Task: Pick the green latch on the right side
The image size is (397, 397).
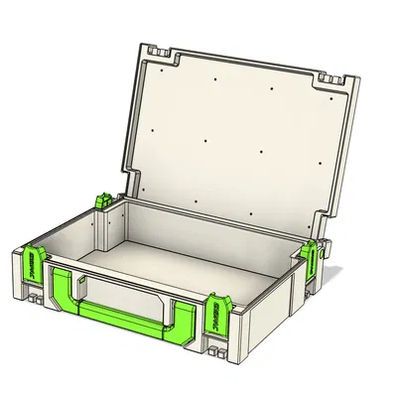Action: [x=311, y=256]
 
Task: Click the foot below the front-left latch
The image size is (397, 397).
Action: [x=31, y=293]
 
